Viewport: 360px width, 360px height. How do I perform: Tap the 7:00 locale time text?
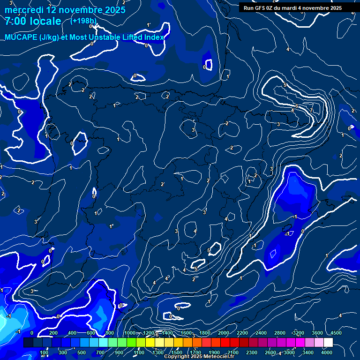tap(33, 21)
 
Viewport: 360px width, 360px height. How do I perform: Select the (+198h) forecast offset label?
tap(83, 21)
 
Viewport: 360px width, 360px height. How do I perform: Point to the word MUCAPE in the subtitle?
tap(23, 37)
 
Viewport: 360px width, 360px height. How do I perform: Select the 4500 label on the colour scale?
tap(336, 333)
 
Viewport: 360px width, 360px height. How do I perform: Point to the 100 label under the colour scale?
tap(45, 352)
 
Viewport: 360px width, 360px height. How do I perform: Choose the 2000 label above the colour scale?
tap(223, 333)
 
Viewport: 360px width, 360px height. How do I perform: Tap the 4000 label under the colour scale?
tap(327, 352)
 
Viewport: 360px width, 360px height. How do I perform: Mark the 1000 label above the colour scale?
tap(129, 333)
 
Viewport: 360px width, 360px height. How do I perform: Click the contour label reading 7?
tap(311, 110)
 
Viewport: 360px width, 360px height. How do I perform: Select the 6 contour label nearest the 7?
tap(297, 106)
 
